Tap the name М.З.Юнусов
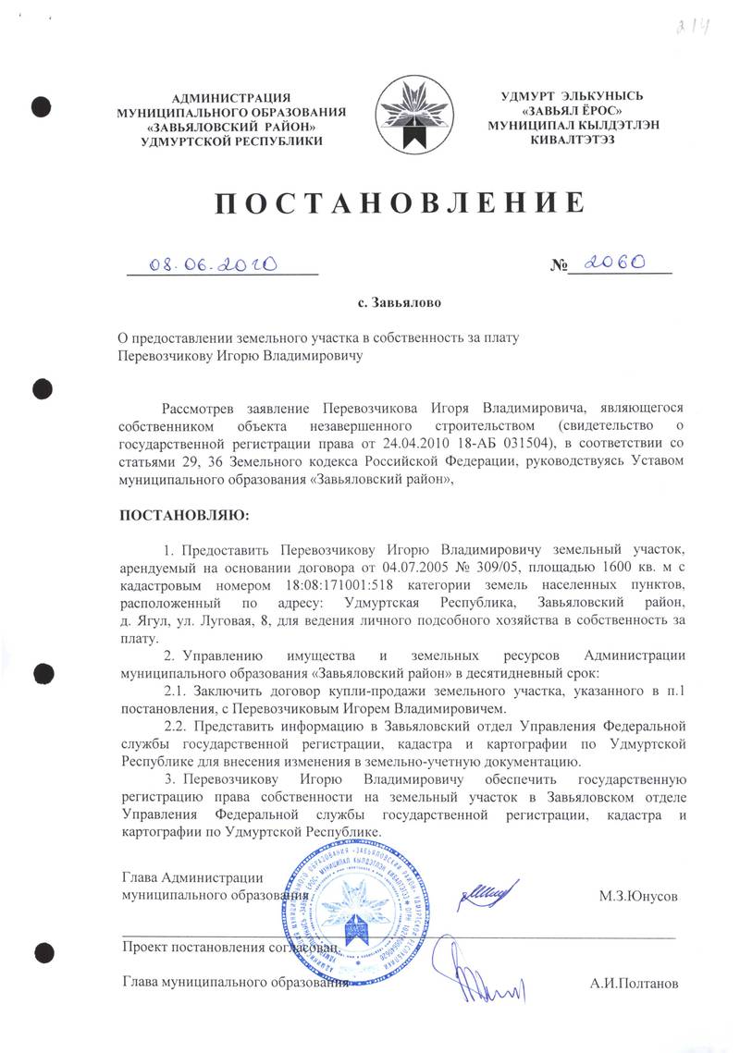point(637,897)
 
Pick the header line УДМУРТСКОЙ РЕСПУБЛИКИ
point(230,141)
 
